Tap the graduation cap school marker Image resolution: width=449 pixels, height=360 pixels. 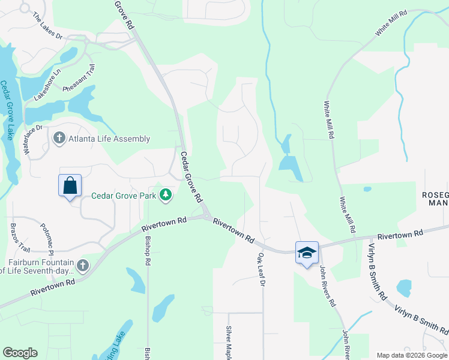(307, 252)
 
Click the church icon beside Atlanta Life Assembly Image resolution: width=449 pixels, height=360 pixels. (59, 139)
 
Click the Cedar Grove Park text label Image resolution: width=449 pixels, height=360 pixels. (124, 196)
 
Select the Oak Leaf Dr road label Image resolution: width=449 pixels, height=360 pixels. (261, 269)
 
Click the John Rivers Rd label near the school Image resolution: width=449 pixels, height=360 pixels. (327, 287)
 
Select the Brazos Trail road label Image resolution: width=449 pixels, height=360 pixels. (20, 237)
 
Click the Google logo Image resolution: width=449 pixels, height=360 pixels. (20, 353)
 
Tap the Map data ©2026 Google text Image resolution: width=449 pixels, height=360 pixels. (411, 355)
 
